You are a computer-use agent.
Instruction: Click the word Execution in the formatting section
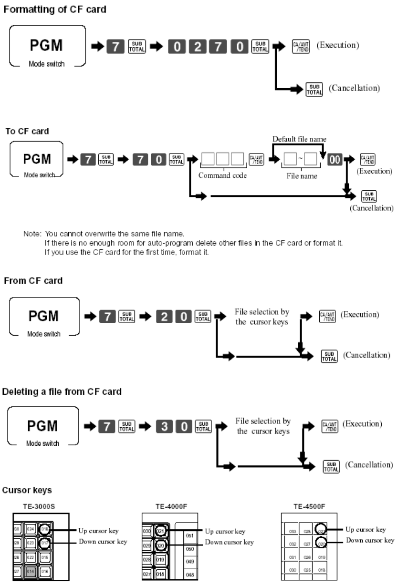[x=341, y=46]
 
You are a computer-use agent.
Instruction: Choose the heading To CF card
[x=27, y=131]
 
